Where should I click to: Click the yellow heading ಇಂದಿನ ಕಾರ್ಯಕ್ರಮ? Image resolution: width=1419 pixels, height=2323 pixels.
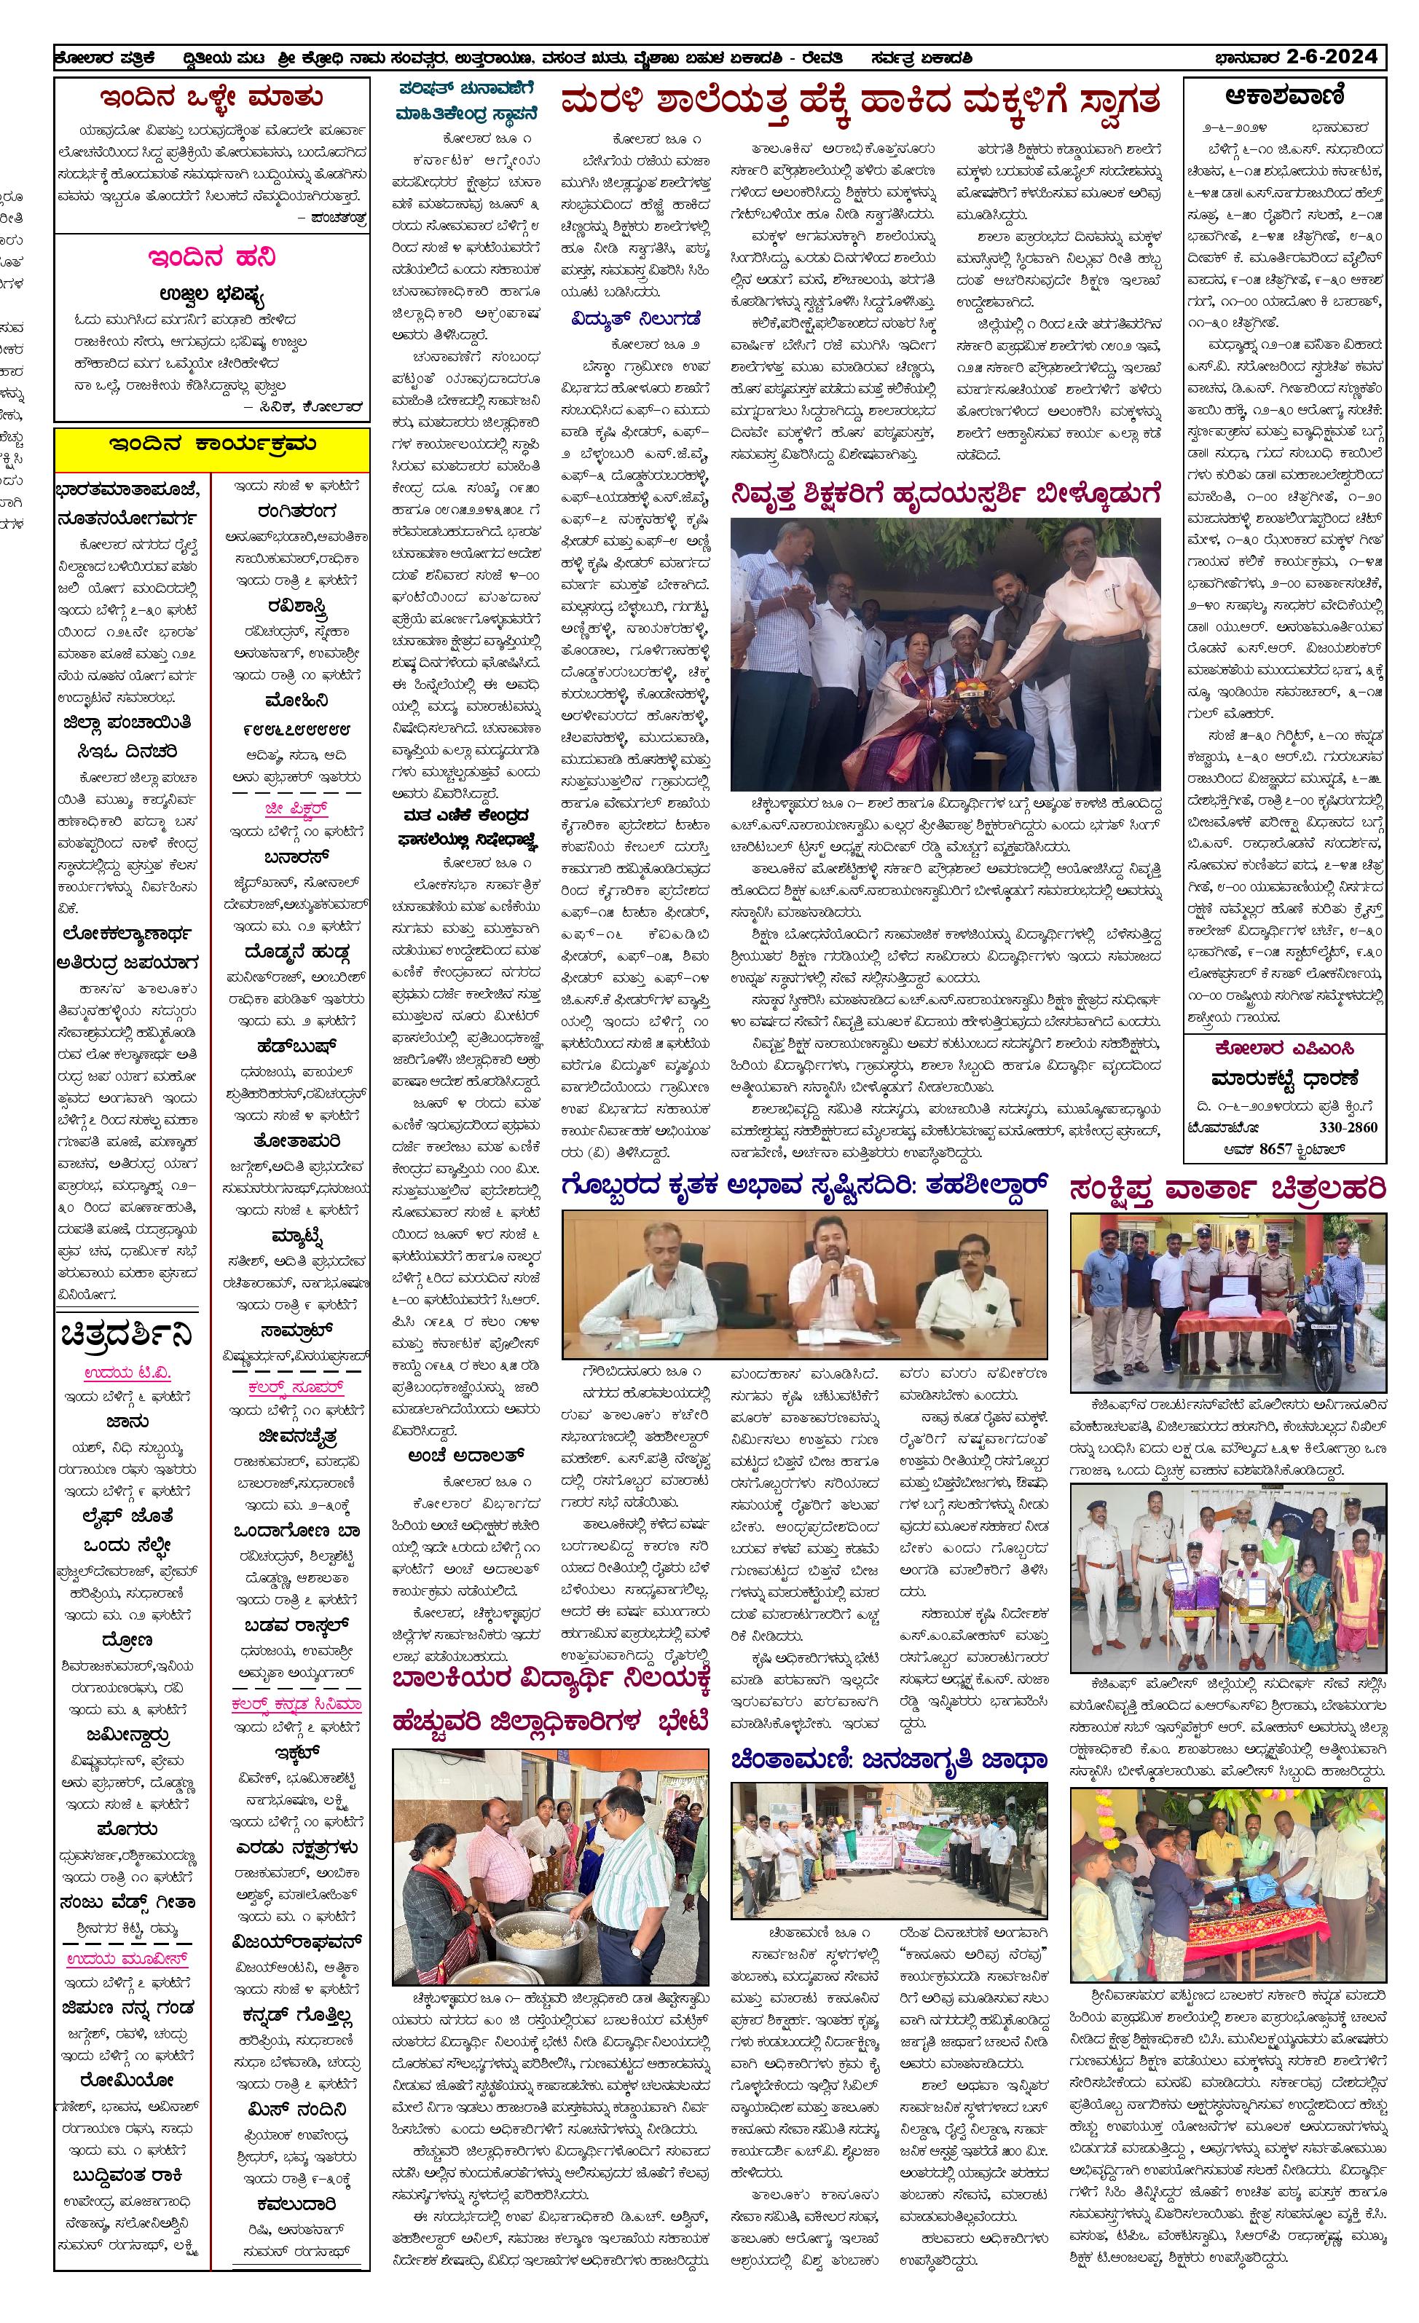click(212, 445)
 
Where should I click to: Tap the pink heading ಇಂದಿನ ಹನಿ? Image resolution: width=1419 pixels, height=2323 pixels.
click(212, 257)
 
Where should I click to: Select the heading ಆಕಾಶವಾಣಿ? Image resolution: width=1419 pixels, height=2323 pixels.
click(1284, 96)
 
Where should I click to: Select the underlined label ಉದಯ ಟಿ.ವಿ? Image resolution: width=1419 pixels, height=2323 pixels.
click(127, 1373)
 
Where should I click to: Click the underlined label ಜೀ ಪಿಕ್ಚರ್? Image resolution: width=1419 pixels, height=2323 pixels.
click(296, 809)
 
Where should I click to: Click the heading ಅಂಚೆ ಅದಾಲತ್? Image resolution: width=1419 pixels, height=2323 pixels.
click(465, 1456)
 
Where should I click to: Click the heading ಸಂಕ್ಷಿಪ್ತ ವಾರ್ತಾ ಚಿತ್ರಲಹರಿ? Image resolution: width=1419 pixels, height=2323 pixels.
click(1227, 1190)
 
